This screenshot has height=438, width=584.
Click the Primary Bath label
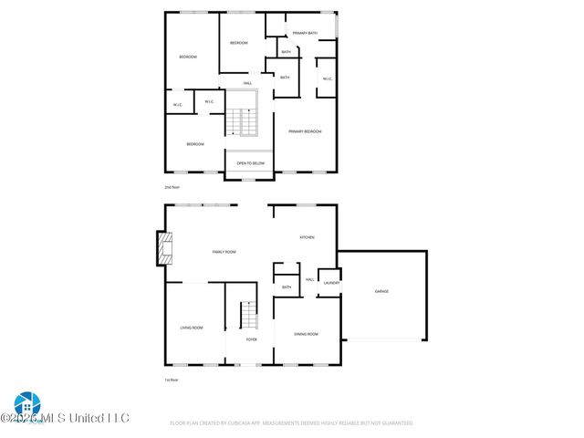(305, 33)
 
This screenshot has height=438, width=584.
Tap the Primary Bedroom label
(305, 131)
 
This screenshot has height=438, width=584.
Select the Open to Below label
(250, 163)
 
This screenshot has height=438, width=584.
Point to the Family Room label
(224, 251)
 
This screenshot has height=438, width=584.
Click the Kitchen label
(307, 237)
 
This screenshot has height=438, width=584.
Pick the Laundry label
(331, 283)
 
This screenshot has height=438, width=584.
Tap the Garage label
(381, 291)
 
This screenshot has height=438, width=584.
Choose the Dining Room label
(306, 334)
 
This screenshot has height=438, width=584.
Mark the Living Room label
(191, 327)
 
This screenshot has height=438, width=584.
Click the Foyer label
(251, 339)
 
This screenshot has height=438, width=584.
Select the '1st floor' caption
(170, 380)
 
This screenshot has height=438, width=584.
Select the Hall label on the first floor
(310, 279)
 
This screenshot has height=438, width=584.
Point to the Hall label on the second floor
(247, 83)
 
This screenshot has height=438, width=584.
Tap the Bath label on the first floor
(287, 287)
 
